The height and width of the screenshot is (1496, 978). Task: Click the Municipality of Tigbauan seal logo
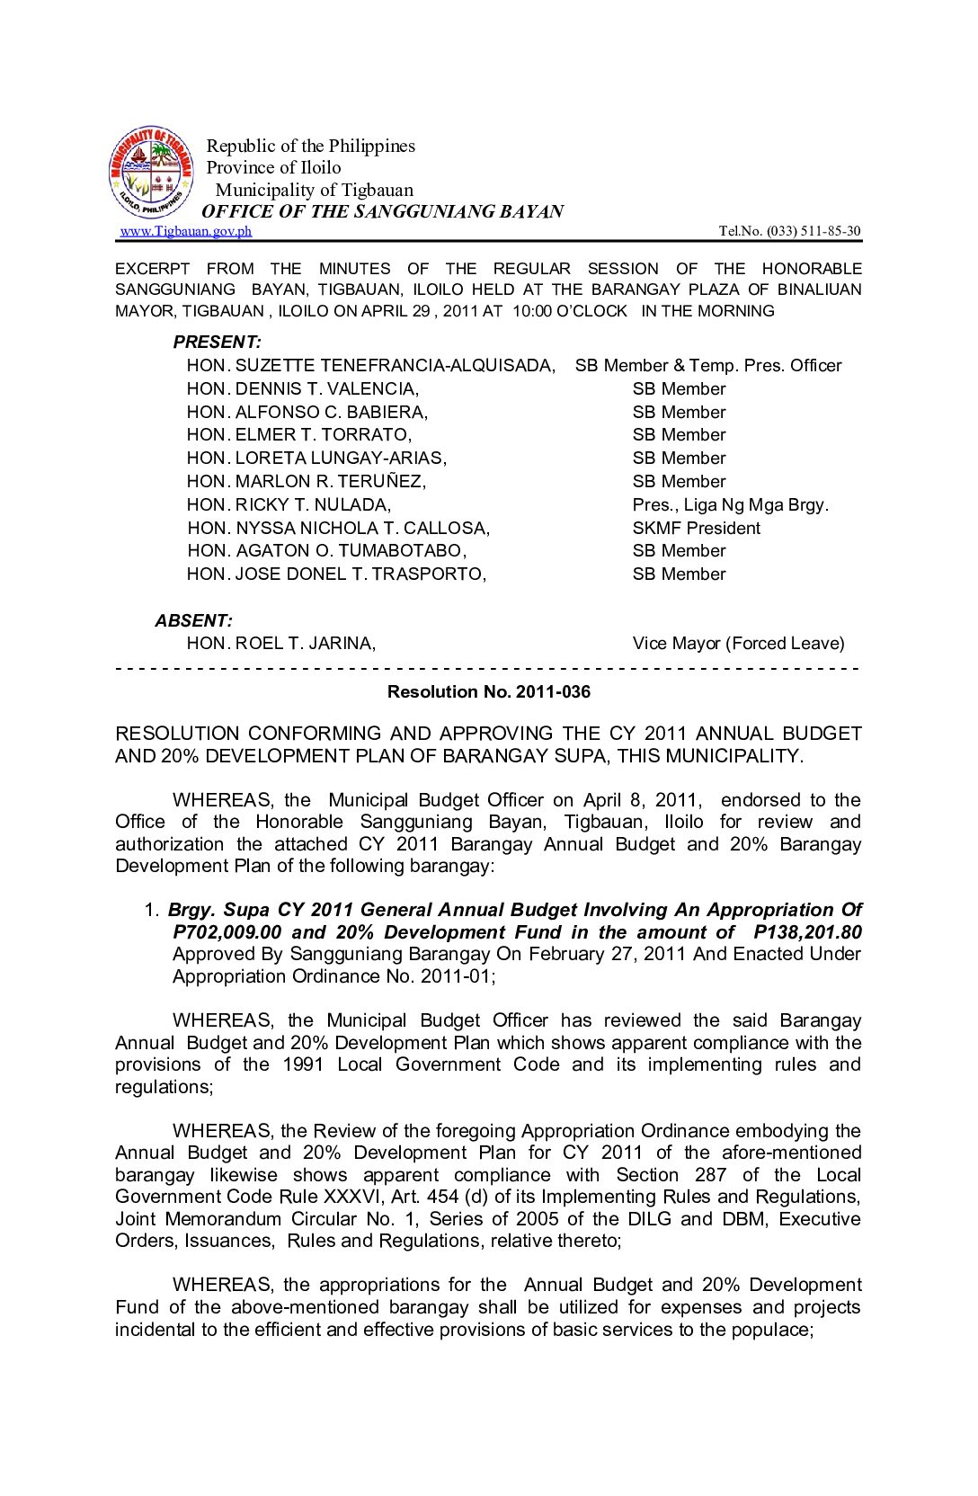point(151,173)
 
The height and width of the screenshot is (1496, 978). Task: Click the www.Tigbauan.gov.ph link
point(186,231)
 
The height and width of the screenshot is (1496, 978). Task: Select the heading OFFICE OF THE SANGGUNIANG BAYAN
point(383,211)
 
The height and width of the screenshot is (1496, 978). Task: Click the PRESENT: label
point(218,343)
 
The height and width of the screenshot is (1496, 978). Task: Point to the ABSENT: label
point(193,620)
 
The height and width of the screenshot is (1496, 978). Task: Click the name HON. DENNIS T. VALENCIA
point(303,389)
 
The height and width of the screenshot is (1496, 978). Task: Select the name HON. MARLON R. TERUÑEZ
point(307,482)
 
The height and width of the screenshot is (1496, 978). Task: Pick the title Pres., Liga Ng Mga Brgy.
point(730,505)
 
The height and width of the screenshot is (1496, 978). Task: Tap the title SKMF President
point(696,529)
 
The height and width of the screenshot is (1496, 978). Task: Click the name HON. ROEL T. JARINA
point(281,644)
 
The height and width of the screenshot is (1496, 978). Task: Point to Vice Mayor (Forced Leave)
point(738,644)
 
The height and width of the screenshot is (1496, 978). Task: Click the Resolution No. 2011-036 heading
point(489,692)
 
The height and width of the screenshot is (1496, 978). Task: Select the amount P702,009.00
point(227,932)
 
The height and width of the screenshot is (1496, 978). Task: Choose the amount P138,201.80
point(807,932)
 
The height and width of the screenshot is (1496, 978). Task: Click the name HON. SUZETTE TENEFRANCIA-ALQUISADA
point(371,366)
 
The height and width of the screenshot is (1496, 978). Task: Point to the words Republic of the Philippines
point(311,146)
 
